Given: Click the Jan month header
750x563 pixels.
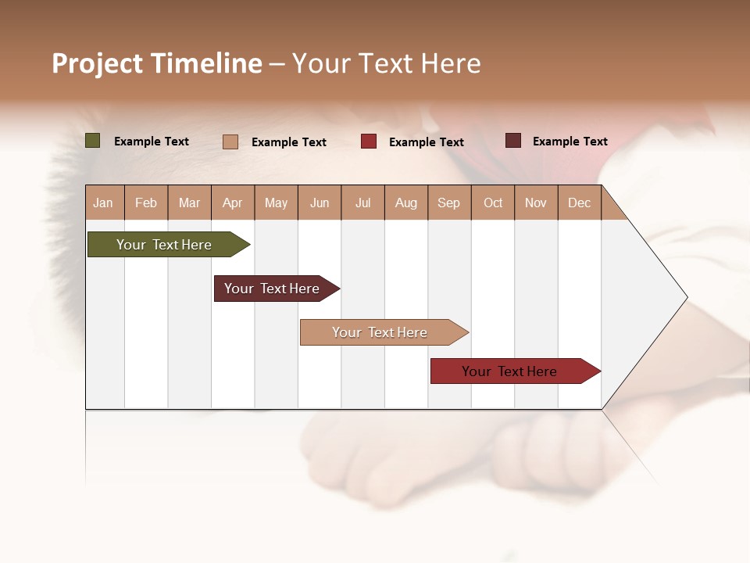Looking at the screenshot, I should coord(104,203).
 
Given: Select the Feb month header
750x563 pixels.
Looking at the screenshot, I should coord(146,203).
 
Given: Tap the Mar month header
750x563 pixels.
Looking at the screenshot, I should coord(189,203).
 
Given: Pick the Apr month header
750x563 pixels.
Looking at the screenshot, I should coord(233,203).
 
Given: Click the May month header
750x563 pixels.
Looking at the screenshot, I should coord(276,203).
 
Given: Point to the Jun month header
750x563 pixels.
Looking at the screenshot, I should coord(320,203).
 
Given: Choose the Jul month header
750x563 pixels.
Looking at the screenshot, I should coord(362,203).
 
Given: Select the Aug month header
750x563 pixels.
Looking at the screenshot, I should coord(406,203).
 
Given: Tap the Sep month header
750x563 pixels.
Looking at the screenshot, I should coord(449,203).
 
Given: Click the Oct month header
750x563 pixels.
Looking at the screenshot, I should coord(493,203).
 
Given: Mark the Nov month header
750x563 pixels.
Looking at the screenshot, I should coord(536,203).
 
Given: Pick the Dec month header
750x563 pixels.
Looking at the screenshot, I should coord(580,203).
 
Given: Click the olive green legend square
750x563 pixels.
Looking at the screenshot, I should coord(93,141).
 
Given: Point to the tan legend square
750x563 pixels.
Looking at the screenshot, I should coord(230,142).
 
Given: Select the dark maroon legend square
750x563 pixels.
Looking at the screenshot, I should coord(513,141).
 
